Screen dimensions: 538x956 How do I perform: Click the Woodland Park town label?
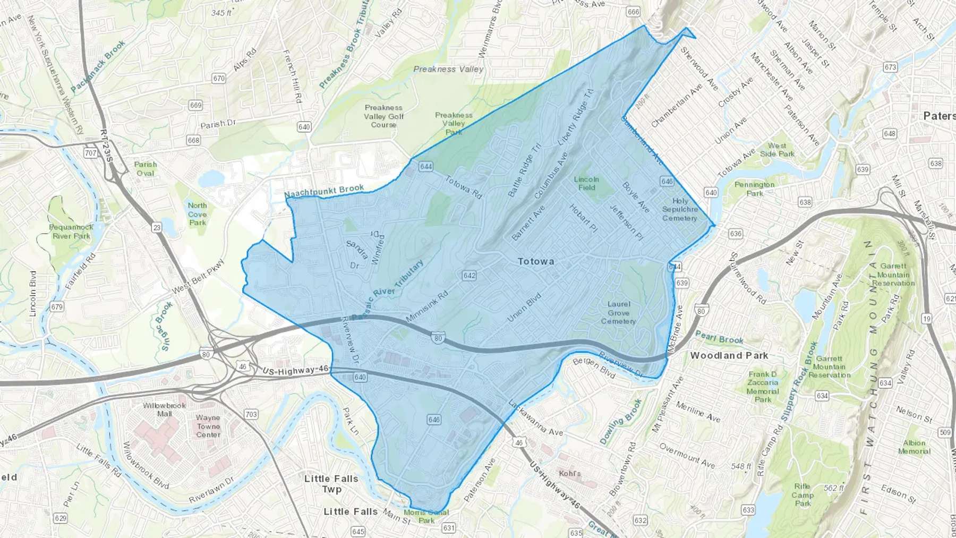point(729,355)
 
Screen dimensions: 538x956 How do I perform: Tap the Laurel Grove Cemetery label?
point(619,312)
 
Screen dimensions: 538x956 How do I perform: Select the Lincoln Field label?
point(586,183)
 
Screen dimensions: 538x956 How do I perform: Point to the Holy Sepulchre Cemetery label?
point(680,209)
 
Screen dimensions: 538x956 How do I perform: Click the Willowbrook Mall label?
point(164,409)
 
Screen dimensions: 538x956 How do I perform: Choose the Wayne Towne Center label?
point(208,426)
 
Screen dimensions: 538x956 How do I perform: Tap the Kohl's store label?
point(570,473)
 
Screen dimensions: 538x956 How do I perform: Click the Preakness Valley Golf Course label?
point(383,116)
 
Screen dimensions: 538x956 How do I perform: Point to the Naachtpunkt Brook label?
point(324,191)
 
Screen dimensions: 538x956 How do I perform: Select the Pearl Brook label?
point(719,338)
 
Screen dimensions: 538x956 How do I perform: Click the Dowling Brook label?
point(621,421)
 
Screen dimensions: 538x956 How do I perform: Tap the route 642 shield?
point(469,276)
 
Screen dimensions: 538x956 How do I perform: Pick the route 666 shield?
point(633,12)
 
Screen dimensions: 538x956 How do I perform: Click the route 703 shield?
point(251,414)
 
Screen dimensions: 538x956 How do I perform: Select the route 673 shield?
point(890,67)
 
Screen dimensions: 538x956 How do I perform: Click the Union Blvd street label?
point(524,307)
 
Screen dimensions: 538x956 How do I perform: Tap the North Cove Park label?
point(197,214)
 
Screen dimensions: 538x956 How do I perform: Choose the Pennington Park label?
point(754,189)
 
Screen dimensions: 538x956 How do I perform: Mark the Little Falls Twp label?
point(331,483)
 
